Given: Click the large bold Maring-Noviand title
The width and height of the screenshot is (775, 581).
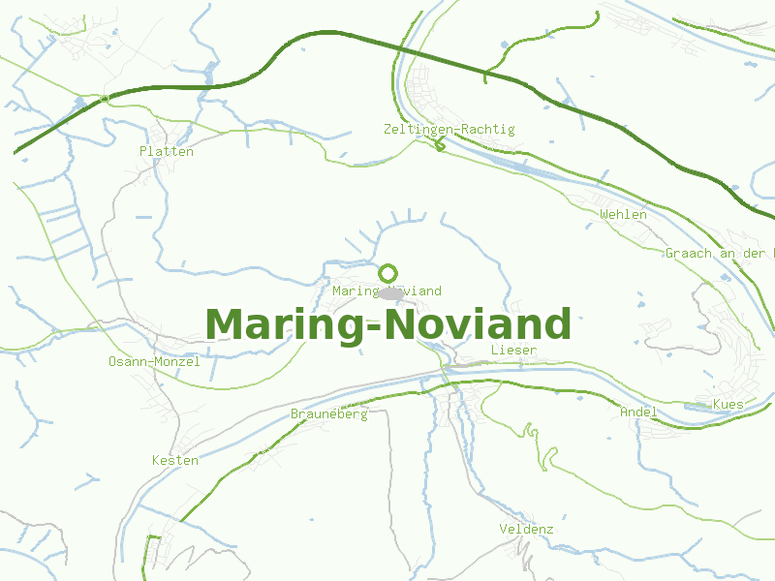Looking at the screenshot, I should tap(387, 324).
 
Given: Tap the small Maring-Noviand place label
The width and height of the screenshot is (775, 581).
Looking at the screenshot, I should tap(387, 290).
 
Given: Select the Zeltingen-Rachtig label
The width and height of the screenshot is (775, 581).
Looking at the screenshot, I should tap(449, 129).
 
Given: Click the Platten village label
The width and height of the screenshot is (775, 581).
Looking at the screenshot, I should tap(167, 151).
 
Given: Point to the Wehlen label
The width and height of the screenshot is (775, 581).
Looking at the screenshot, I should tap(623, 214).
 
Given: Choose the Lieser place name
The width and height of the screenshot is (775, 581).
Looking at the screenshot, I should tap(513, 349).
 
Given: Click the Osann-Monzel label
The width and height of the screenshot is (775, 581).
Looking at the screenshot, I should tap(155, 361).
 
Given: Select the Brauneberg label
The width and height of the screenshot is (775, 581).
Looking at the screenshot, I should tap(329, 413).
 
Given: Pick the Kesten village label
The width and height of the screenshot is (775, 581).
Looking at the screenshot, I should tap(175, 460).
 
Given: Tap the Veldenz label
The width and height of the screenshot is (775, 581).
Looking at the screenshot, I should tap(526, 529).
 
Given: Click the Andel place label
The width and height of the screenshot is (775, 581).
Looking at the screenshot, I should tap(638, 412).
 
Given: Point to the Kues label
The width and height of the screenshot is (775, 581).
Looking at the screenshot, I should tap(728, 404).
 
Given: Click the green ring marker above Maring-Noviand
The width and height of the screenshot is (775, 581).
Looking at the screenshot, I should tap(388, 273).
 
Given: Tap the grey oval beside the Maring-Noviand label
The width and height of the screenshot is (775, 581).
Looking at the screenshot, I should tap(391, 292).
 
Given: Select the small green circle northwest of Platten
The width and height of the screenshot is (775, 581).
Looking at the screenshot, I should tap(105, 98).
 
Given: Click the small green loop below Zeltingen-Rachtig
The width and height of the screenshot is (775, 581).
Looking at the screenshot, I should tap(441, 146).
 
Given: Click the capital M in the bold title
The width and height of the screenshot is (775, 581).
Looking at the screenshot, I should tap(225, 324).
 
